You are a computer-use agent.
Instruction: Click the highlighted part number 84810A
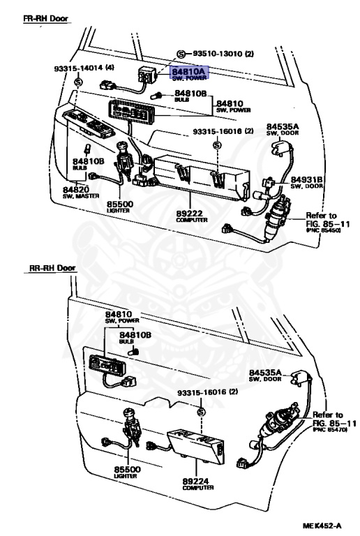pyautogui.click(x=189, y=72)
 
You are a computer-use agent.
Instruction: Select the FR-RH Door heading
pyautogui.click(x=46, y=18)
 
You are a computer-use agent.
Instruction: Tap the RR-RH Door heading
pyautogui.click(x=52, y=268)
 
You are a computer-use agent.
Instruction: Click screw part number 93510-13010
pyautogui.click(x=223, y=54)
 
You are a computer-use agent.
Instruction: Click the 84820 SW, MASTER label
pyautogui.click(x=81, y=193)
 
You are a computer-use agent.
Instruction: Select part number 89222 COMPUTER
pyautogui.click(x=192, y=216)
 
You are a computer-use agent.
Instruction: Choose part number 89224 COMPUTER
pyautogui.click(x=198, y=484)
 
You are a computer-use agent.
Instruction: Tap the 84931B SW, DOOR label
pyautogui.click(x=307, y=183)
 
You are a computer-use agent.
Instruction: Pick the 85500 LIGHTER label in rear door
pyautogui.click(x=127, y=472)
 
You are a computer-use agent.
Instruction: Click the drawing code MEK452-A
pyautogui.click(x=322, y=526)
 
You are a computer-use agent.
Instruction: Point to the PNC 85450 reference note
pyautogui.click(x=323, y=230)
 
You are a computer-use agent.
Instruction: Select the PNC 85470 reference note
pyautogui.click(x=330, y=430)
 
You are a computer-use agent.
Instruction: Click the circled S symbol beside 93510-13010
pyautogui.click(x=181, y=54)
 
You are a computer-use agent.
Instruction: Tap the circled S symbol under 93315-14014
pyautogui.click(x=78, y=82)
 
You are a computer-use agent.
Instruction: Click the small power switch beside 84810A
pyautogui.click(x=147, y=75)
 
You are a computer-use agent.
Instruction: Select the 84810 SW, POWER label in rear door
pyautogui.click(x=122, y=318)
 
